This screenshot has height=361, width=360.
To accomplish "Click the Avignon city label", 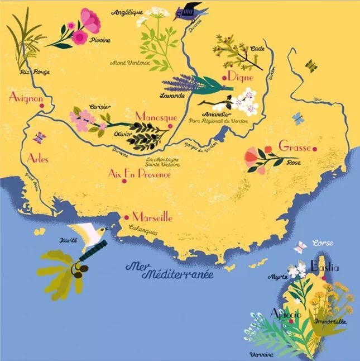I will tap(26, 97).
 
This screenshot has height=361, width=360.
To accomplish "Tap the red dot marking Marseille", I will tap(128, 216).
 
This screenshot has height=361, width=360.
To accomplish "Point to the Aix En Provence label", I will tap(139, 174).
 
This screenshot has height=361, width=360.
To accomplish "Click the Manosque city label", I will tap(156, 118).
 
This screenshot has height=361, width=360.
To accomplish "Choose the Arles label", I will tap(37, 158).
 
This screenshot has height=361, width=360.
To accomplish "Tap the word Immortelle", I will tap(331, 321).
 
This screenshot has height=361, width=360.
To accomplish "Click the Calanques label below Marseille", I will tap(142, 227).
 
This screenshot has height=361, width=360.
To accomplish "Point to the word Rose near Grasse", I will tap(293, 163).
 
